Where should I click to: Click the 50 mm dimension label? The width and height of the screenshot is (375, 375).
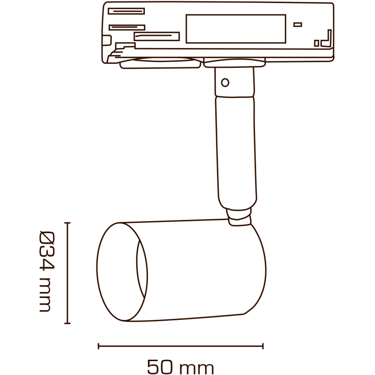(x=180, y=366)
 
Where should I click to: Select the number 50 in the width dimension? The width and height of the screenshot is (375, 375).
(x=160, y=366)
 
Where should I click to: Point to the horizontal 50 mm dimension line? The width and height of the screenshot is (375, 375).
(x=180, y=346)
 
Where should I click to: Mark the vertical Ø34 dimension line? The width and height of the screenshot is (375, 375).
(x=67, y=273)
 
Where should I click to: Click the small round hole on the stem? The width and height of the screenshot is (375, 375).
(x=225, y=82)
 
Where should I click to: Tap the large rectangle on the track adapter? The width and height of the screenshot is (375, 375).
(x=235, y=29)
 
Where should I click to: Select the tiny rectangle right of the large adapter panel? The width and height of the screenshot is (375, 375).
(x=297, y=24)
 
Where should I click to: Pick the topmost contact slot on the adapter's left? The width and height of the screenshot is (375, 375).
(x=126, y=11)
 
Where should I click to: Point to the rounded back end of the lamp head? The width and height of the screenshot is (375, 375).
(x=258, y=268)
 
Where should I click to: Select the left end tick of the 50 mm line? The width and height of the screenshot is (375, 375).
(x=98, y=346)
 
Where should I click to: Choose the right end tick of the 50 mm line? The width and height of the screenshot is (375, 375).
(x=263, y=346)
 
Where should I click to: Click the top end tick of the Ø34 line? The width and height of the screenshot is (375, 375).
(x=67, y=223)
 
